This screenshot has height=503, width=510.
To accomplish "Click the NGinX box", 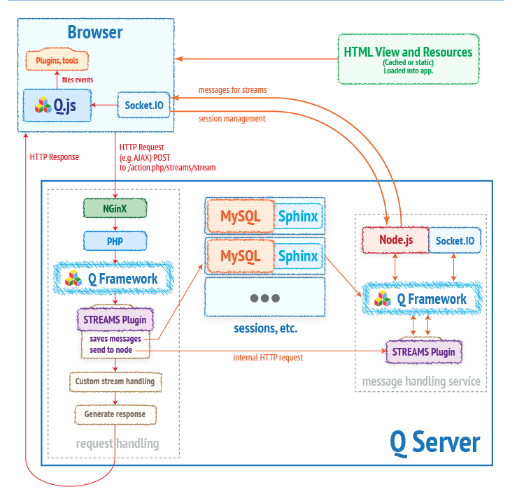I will [x=115, y=207].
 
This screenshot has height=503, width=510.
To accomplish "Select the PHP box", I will [x=115, y=241].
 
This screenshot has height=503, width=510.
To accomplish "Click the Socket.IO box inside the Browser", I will [x=144, y=105].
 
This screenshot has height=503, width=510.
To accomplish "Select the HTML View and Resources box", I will [x=408, y=58].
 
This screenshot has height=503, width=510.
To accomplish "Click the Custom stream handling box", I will [x=115, y=381].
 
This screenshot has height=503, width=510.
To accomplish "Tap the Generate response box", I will [x=115, y=414].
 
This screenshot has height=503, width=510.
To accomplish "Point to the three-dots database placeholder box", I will [x=264, y=298].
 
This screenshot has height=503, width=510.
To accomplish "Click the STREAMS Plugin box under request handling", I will [x=115, y=319].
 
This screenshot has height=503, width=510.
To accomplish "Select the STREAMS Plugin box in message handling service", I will [x=424, y=351].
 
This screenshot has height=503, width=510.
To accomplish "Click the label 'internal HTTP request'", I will [x=268, y=358].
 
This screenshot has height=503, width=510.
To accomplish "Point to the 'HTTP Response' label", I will [x=55, y=157].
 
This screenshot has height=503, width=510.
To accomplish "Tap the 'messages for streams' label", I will [x=232, y=90].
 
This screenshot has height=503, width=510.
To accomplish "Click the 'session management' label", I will [x=232, y=119].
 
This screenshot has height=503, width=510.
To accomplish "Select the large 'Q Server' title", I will [x=434, y=442].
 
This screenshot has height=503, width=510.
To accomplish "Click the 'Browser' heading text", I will [x=95, y=32].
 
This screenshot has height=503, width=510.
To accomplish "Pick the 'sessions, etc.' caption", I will [x=264, y=328].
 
